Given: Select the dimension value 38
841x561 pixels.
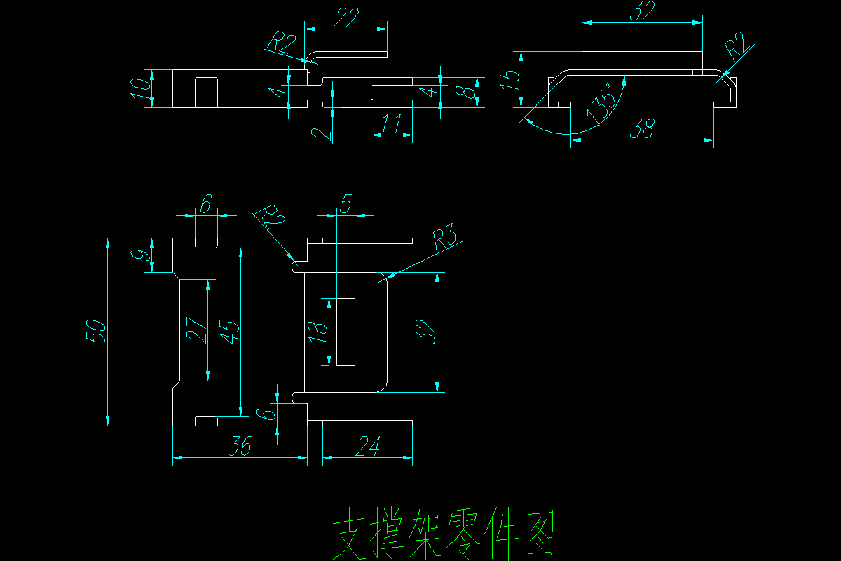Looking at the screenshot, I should pyautogui.click(x=643, y=128).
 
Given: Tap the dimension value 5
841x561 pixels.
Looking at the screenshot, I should pyautogui.click(x=346, y=204).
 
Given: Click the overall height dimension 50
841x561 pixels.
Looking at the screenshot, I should pyautogui.click(x=97, y=331).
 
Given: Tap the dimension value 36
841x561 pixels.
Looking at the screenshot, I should pyautogui.click(x=239, y=446).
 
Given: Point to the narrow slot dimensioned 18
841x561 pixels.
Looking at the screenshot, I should pyautogui.click(x=346, y=332).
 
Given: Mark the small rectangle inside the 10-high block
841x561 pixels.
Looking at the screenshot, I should pyautogui.click(x=206, y=92).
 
